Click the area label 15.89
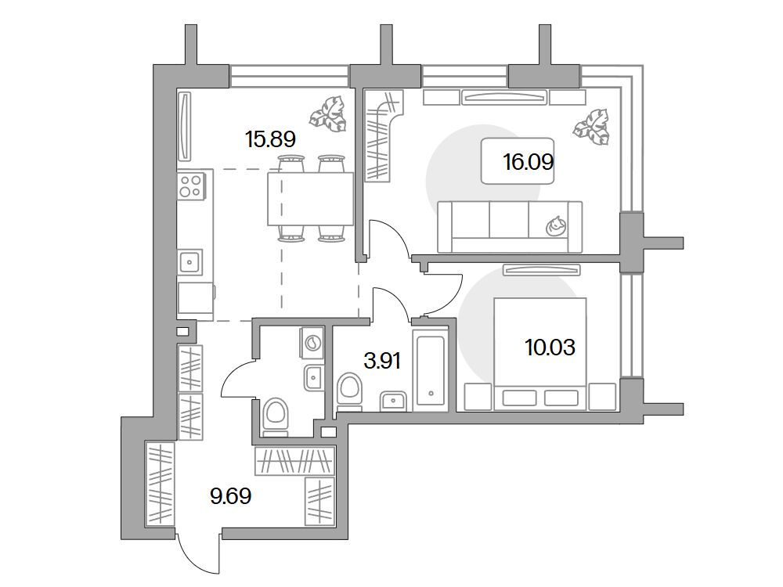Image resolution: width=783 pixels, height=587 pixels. point(270,139)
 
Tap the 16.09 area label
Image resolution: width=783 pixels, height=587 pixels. point(529,162)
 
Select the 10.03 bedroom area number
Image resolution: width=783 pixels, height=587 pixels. point(550,347)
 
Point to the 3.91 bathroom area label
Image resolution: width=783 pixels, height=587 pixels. point(382,360)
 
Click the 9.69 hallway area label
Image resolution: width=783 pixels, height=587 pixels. point(231,496)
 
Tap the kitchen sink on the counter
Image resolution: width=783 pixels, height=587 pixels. point(189,261)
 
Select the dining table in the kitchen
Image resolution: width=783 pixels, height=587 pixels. point(311,199)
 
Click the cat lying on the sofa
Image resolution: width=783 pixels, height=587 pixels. point(556,226)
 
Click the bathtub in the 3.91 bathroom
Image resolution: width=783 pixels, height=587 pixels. point(431,369)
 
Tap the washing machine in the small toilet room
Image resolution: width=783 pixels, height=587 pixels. point(312,343)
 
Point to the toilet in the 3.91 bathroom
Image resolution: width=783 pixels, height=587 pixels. point(349,391)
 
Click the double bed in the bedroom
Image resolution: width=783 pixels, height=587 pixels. point(539,354)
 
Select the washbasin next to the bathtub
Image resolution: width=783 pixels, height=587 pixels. point(394,401)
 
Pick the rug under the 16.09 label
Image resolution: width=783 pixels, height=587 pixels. point(518,160)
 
